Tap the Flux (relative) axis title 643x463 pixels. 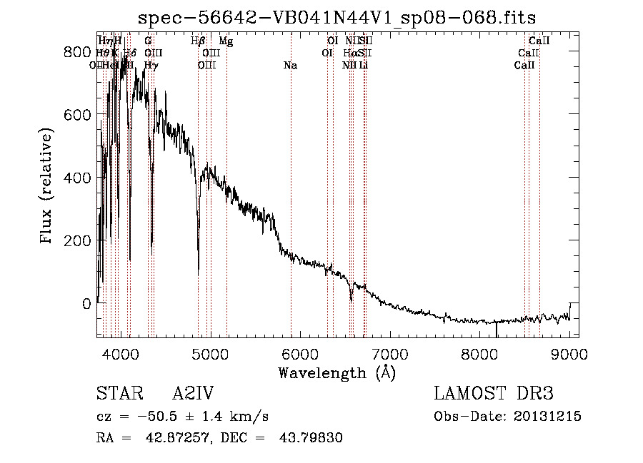coord(48,187)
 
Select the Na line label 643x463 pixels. coord(290,66)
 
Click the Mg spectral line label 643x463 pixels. coord(226,41)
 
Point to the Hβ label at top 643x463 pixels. coord(199,41)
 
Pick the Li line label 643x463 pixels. coord(364,66)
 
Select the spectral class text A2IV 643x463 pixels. coord(193,395)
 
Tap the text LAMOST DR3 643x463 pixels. coord(494,395)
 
